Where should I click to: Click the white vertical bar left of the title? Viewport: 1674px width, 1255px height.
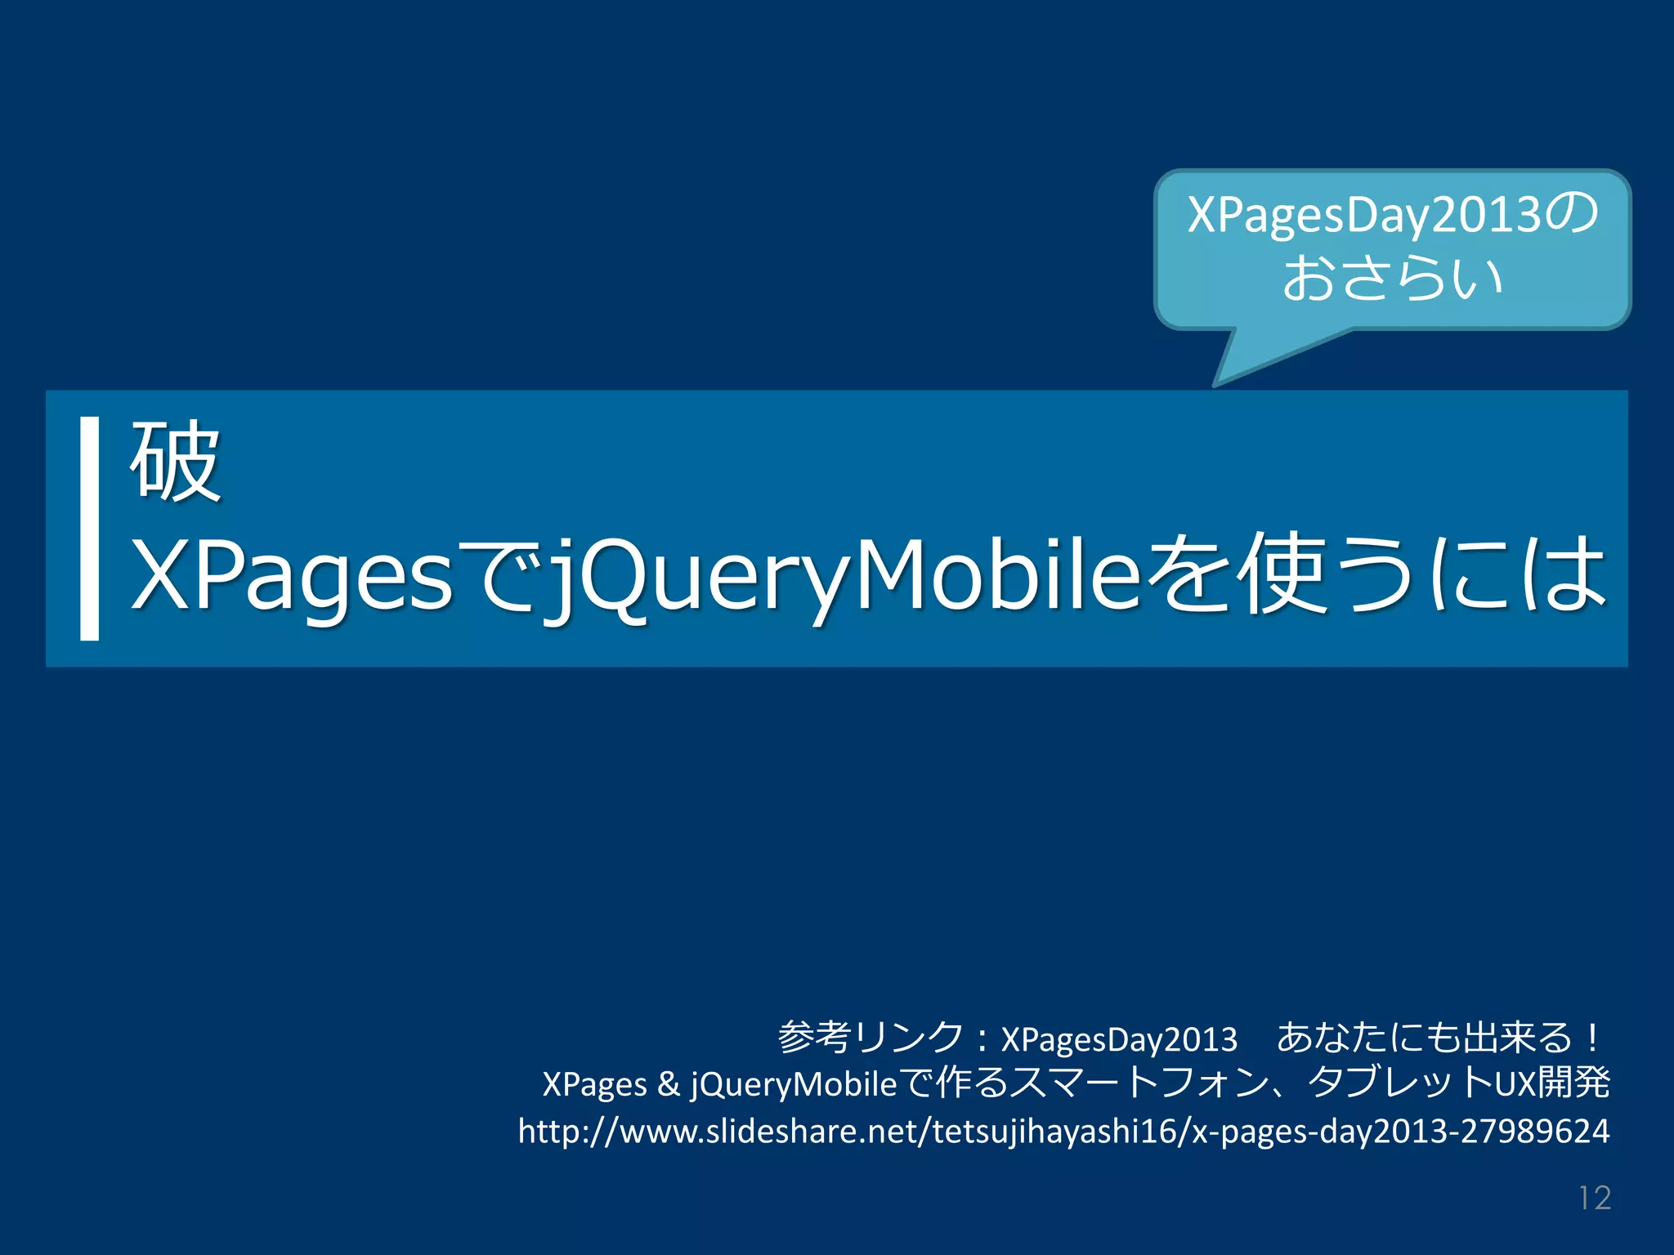tap(89, 528)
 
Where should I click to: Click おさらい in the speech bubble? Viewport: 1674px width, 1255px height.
tap(1392, 278)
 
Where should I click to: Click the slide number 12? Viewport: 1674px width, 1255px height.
tap(1594, 1198)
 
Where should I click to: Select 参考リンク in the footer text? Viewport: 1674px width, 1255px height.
tap(871, 1038)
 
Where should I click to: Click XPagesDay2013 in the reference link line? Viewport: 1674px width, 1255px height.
tap(1119, 1039)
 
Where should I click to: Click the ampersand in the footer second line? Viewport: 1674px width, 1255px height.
tap(668, 1084)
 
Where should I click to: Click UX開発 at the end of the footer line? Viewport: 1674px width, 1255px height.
tap(1552, 1083)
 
